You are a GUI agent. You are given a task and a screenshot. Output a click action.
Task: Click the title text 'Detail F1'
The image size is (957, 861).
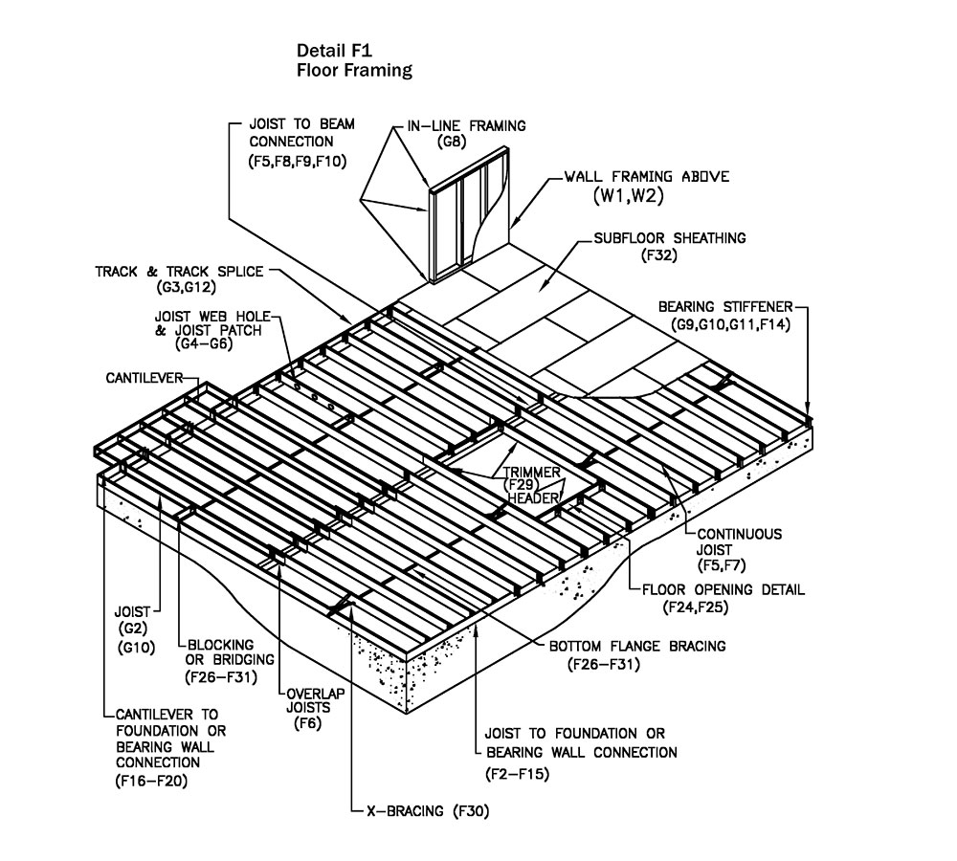click(x=334, y=51)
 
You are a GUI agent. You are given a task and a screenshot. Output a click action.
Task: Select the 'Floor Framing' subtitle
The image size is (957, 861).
click(x=354, y=70)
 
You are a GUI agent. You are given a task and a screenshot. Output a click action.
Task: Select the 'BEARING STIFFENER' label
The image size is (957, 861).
click(x=725, y=307)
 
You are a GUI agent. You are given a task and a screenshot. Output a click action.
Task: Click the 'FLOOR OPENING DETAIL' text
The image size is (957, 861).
click(x=723, y=589)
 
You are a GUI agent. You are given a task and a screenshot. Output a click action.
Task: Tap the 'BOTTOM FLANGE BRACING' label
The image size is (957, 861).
click(x=637, y=647)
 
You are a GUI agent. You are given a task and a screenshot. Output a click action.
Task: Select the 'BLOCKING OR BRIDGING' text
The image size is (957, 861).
click(x=230, y=651)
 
